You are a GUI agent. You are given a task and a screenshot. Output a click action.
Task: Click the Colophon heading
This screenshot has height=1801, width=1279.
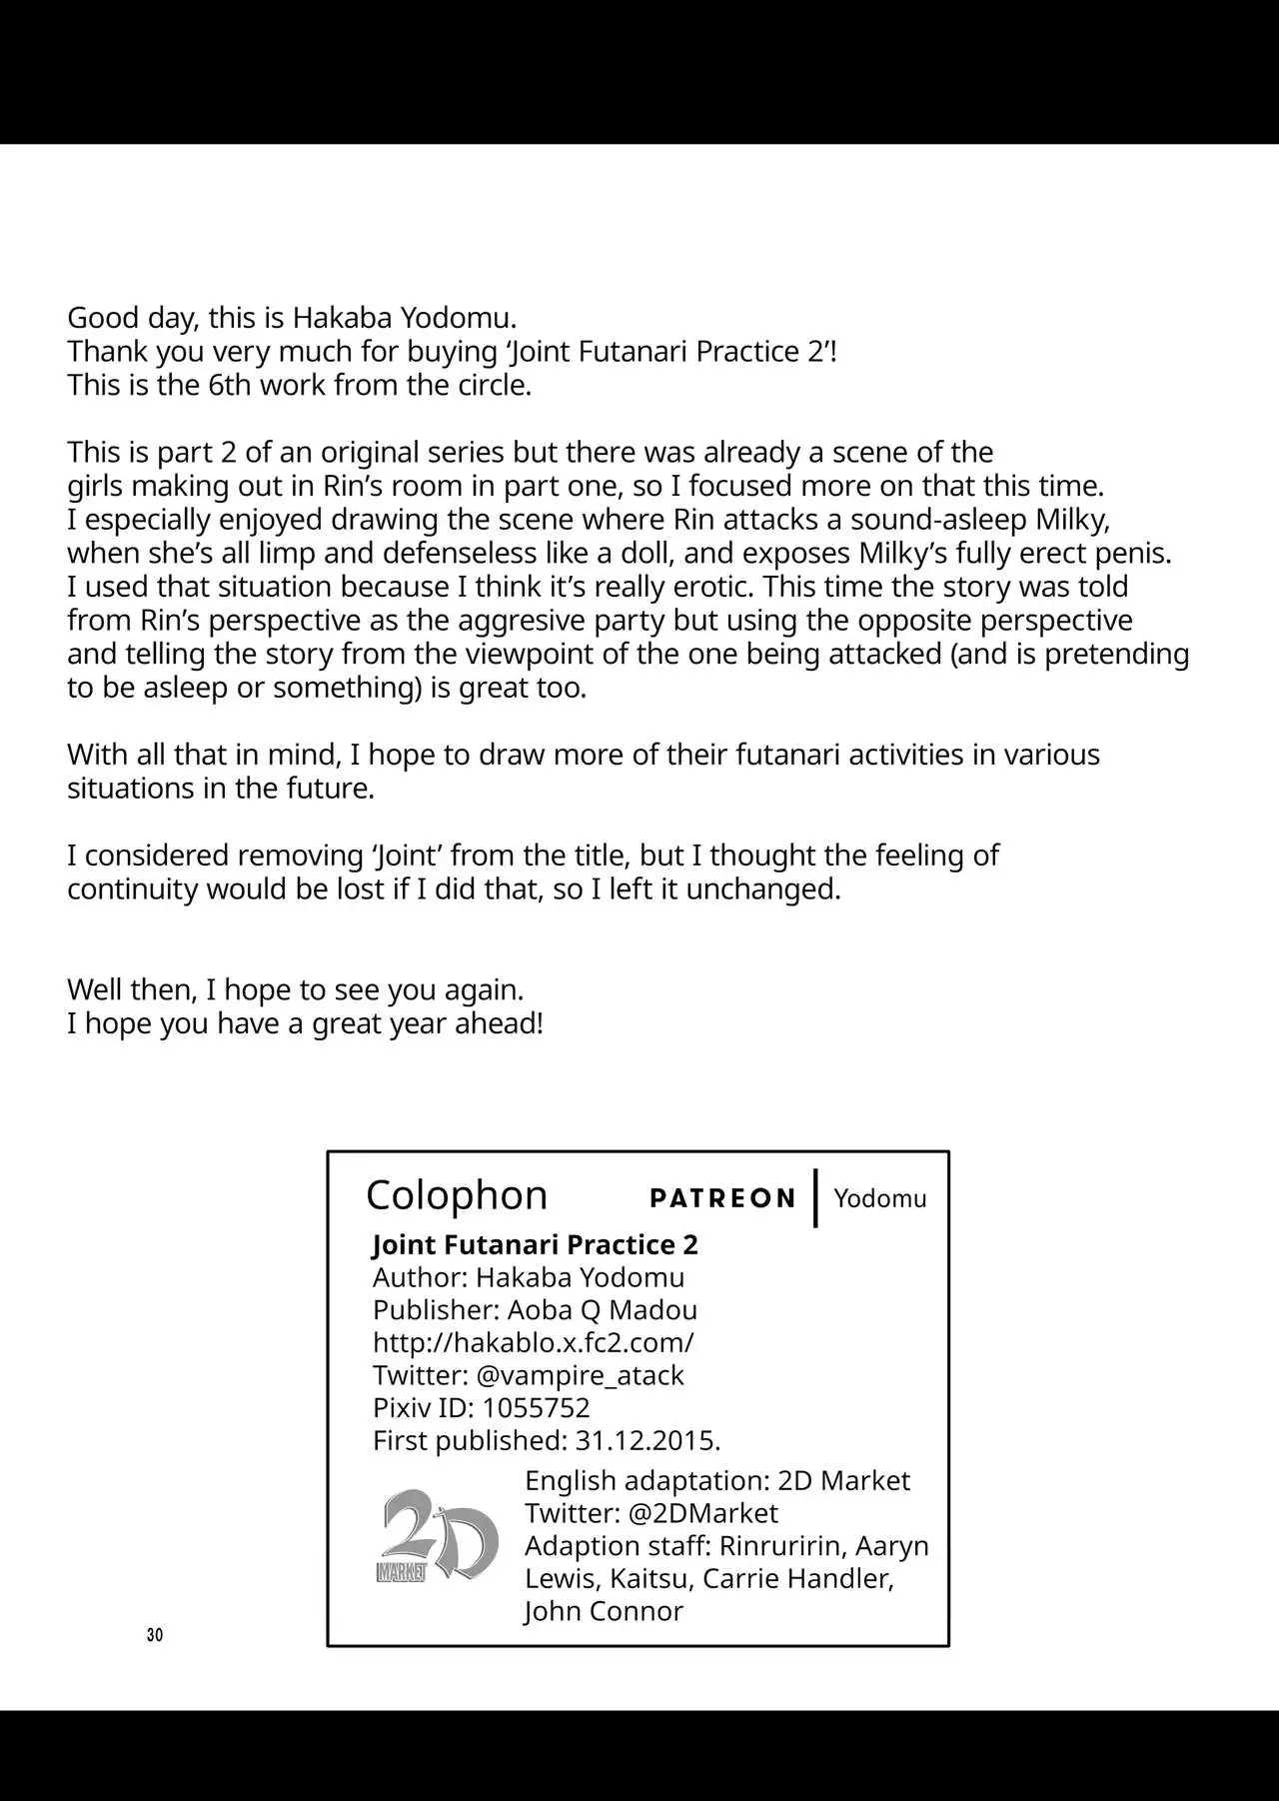pyautogui.click(x=457, y=1195)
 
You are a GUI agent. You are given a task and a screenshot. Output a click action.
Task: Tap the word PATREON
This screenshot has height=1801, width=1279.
pyautogui.click(x=722, y=1198)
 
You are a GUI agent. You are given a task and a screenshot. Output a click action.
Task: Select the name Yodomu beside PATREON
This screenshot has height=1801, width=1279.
pyautogui.click(x=879, y=1198)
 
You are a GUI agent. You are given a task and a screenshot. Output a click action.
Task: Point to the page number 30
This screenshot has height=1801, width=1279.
pyautogui.click(x=154, y=1635)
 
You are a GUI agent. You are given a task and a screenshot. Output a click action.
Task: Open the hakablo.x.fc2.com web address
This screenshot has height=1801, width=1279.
pyautogui.click(x=533, y=1342)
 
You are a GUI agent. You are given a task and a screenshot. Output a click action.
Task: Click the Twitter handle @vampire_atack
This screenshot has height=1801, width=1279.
pyautogui.click(x=580, y=1375)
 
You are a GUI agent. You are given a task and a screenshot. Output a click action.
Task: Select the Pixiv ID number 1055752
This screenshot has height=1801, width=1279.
pyautogui.click(x=536, y=1408)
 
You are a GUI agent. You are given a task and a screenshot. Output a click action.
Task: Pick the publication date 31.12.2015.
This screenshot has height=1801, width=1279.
pyautogui.click(x=647, y=1441)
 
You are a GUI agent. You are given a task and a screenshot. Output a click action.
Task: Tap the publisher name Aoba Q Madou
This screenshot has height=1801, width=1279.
pyautogui.click(x=602, y=1309)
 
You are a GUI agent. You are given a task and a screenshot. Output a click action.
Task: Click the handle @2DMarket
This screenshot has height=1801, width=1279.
pyautogui.click(x=702, y=1513)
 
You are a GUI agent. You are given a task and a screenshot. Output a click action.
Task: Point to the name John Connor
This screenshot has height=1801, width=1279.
pyautogui.click(x=604, y=1611)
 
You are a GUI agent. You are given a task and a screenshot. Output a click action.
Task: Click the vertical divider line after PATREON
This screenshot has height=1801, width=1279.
pyautogui.click(x=816, y=1198)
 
